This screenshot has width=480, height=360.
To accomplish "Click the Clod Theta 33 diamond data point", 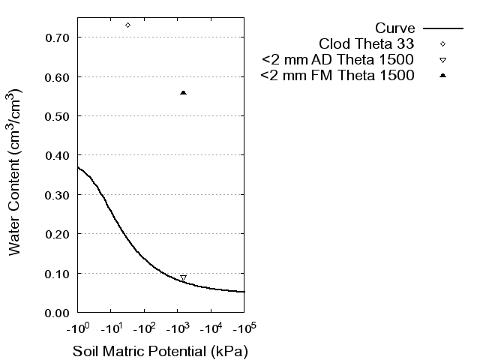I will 127,25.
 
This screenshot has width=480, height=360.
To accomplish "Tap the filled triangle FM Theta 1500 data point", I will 183,92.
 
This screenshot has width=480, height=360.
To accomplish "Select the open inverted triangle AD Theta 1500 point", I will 183,278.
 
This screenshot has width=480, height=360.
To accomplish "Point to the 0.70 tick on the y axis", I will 58,37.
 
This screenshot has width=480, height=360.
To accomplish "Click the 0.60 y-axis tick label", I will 58,76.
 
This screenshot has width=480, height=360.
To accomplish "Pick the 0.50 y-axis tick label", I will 58,116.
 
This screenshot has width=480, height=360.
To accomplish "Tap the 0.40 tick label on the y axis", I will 58,155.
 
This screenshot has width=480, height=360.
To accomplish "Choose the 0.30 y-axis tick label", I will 58,194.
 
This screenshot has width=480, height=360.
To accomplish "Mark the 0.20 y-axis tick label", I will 58,234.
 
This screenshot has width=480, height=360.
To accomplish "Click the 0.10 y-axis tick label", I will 58,273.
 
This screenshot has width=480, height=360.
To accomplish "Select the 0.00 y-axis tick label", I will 58,312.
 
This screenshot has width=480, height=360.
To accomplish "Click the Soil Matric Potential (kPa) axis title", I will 160,351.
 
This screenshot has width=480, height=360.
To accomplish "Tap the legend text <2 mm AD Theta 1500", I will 338,60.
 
